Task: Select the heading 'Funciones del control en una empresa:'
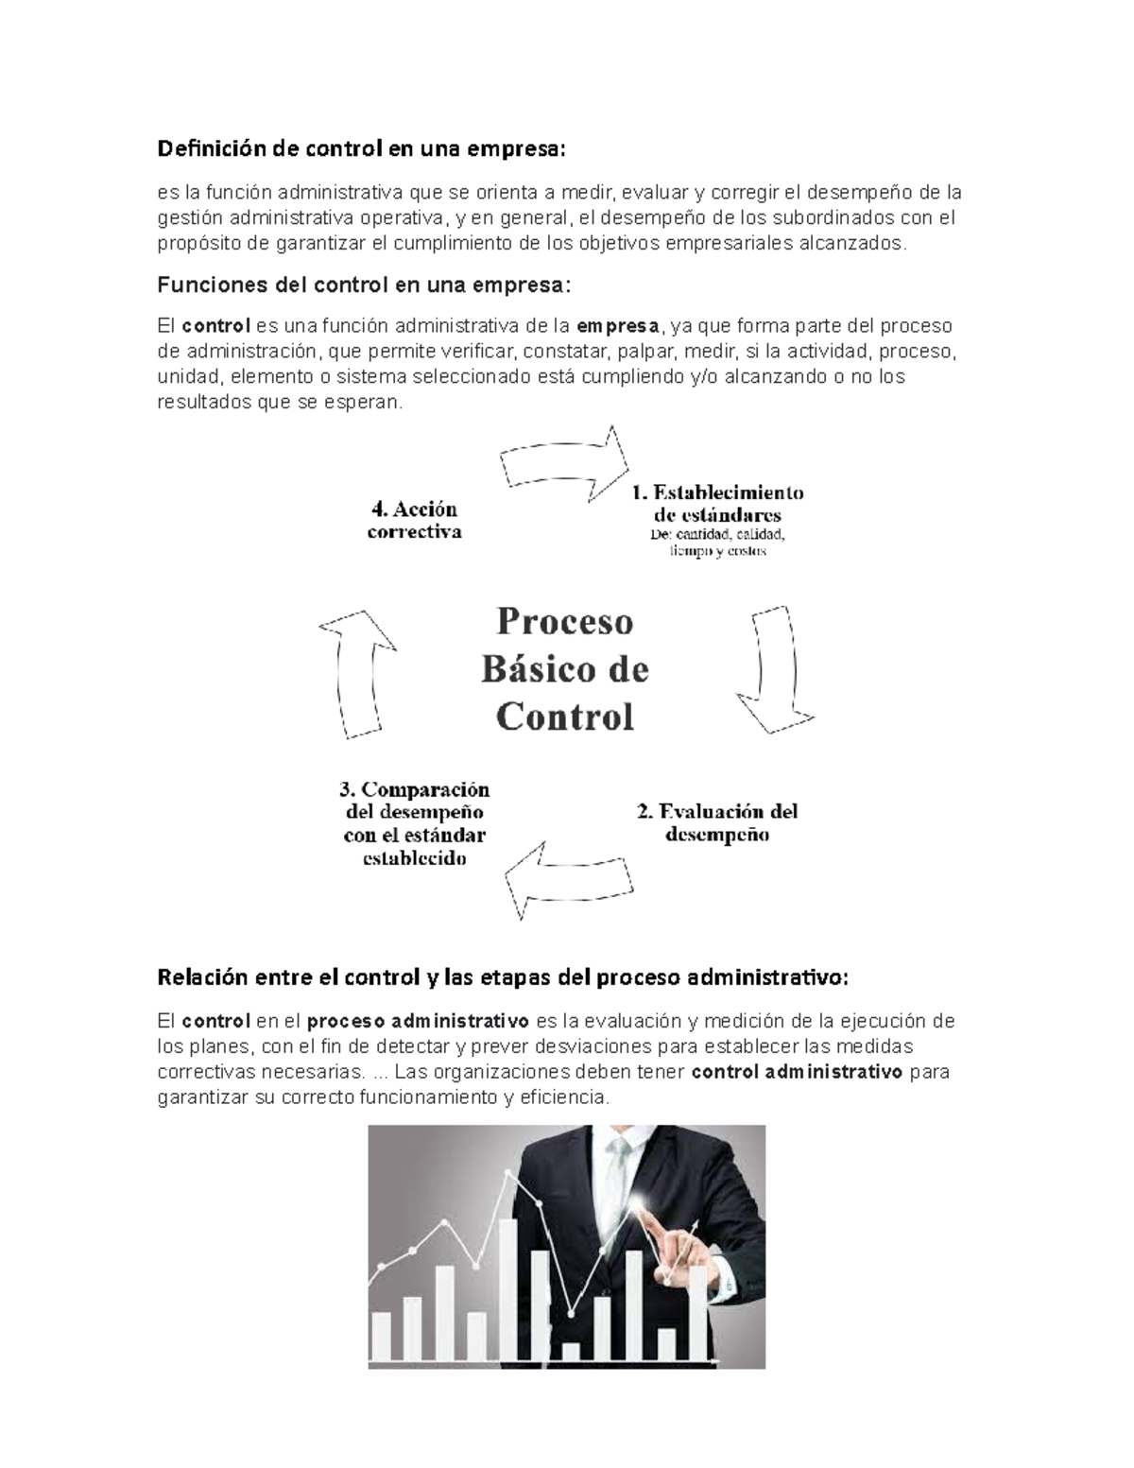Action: (x=364, y=285)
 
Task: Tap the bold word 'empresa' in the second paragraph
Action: (x=618, y=327)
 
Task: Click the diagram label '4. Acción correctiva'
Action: (x=414, y=520)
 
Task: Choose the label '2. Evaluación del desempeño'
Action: (x=717, y=822)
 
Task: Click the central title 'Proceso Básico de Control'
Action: (x=564, y=669)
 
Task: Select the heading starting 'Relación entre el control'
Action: (x=503, y=977)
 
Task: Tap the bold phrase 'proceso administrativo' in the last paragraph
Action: (x=419, y=1022)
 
